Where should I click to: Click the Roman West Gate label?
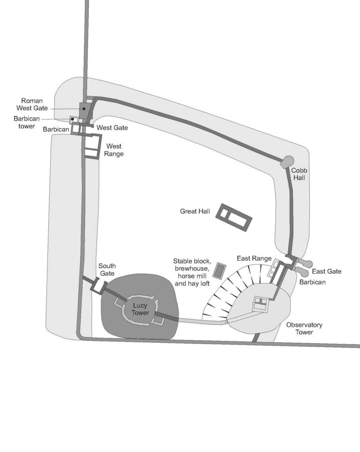coord(32,105)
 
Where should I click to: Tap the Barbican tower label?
coord(27,122)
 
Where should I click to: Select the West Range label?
coord(114,150)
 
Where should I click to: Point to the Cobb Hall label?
coord(299,174)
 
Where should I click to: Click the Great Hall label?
coord(195,211)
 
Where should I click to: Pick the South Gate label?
coord(107,270)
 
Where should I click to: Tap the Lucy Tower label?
coord(140,309)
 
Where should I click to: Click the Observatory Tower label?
coord(304,328)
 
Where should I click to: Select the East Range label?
coord(254,258)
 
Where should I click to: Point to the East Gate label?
coord(327,271)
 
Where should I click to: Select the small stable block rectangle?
coord(220,271)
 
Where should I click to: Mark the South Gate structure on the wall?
coord(99,286)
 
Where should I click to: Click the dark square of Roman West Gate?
coord(84,110)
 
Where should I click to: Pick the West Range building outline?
coord(93,146)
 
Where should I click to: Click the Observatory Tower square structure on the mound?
coord(261,303)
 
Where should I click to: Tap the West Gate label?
coord(112,128)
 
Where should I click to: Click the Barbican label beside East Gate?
coord(313,282)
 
